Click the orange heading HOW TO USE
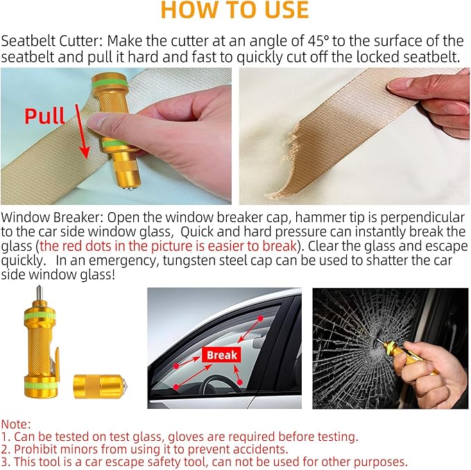[x=234, y=10]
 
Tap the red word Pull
[x=46, y=115]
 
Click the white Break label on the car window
[x=221, y=355]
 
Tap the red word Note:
[x=16, y=423]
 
